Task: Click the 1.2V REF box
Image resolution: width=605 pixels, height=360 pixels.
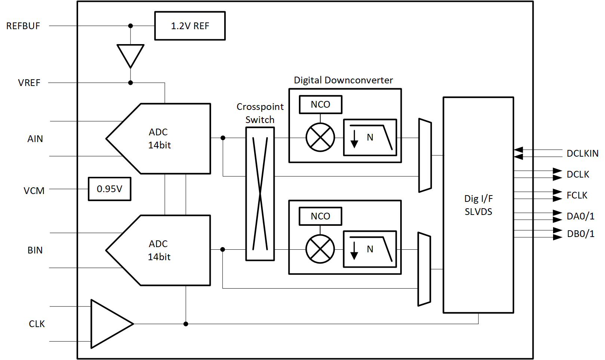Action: (190, 26)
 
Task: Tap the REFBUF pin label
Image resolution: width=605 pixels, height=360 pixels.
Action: (23, 26)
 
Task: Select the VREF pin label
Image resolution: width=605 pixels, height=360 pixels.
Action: (29, 83)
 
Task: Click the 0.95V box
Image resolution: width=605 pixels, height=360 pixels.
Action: (109, 189)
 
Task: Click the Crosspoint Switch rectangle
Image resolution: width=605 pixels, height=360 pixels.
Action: (260, 194)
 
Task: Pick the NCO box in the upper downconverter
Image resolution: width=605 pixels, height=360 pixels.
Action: (320, 105)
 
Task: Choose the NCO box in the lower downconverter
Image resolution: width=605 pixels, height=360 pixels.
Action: (320, 216)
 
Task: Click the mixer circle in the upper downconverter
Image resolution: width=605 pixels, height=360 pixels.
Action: (320, 137)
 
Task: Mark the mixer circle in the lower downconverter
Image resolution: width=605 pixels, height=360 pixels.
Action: (320, 249)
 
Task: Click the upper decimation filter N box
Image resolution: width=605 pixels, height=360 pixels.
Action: (370, 137)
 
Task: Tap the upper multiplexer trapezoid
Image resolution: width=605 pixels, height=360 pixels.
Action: (425, 156)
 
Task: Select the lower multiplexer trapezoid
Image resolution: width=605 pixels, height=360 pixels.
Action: (424, 269)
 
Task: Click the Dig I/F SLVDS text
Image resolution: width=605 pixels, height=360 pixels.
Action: (478, 205)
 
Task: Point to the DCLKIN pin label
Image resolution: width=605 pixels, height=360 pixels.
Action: (582, 153)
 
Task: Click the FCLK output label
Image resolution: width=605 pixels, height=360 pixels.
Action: (577, 195)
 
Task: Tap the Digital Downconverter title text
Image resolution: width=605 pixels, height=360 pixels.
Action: (343, 80)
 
